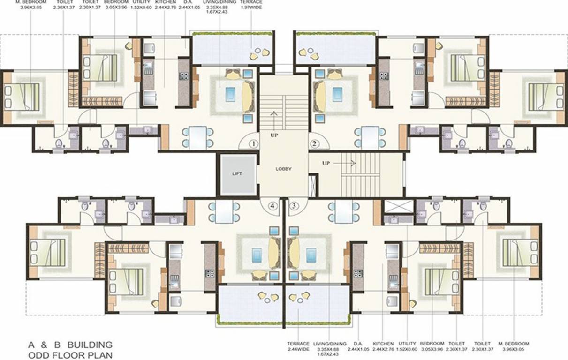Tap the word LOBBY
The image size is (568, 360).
coord(283,169)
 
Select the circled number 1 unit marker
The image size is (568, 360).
coord(254,143)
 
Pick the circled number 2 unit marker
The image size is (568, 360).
coord(314,143)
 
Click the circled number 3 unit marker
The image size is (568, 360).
coord(294,205)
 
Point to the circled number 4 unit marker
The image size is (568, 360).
coord(273,205)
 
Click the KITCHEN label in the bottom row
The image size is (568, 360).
coord(383,343)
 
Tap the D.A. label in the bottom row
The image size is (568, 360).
coord(358,343)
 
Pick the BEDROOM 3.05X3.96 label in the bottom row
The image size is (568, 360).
coord(432,343)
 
